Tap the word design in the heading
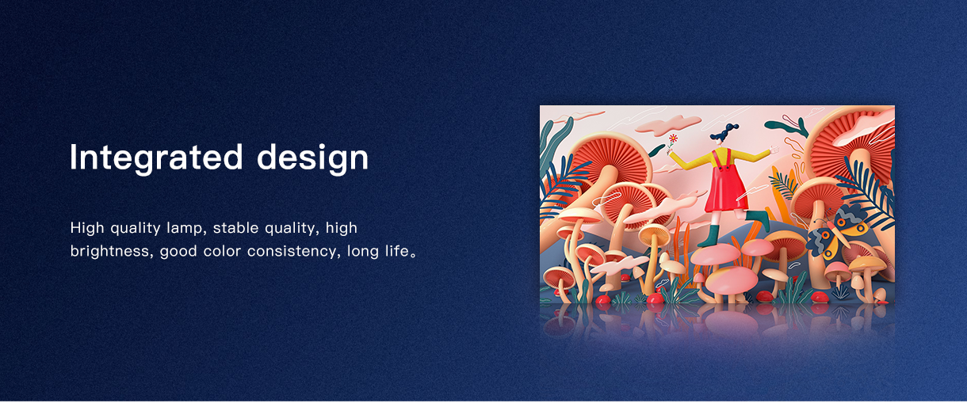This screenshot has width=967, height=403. click(313, 158)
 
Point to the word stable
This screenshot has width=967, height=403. click(235, 227)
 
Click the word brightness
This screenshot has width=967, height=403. click(109, 251)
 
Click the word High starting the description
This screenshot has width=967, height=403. click(87, 227)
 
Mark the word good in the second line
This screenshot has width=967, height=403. click(178, 251)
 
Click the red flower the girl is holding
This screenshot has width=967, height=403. click(673, 139)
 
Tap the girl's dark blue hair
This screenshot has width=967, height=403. click(723, 133)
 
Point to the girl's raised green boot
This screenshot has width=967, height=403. click(759, 219)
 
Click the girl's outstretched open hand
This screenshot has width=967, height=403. click(775, 150)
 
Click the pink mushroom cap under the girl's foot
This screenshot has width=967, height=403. click(714, 254)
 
